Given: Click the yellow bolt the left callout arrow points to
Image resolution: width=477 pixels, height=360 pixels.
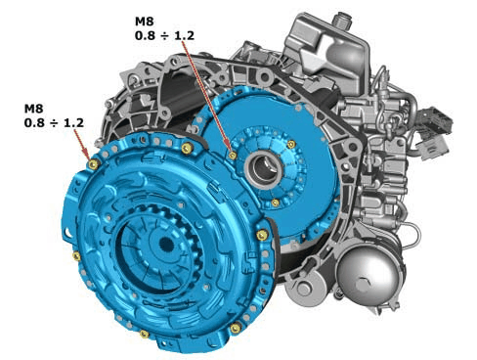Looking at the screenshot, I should pyautogui.click(x=92, y=164).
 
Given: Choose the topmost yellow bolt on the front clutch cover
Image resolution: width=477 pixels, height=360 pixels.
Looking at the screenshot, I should pyautogui.click(x=186, y=148).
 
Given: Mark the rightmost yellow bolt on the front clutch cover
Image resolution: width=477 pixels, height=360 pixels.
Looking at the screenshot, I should pyautogui.click(x=264, y=235).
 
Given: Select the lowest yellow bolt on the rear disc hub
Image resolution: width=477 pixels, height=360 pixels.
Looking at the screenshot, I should pyautogui.click(x=276, y=202).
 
